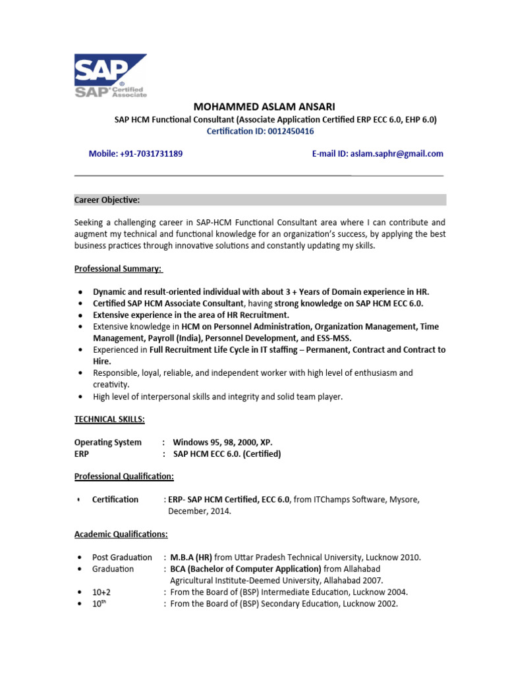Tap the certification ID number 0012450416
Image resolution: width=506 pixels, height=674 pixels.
tap(291, 132)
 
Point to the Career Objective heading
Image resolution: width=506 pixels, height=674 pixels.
tap(107, 199)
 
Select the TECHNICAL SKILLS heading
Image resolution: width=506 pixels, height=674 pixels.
tap(109, 419)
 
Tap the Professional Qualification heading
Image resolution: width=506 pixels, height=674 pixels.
tap(124, 476)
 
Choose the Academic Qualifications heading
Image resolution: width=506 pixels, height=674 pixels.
tap(121, 534)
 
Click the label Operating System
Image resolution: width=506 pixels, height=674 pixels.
tap(108, 442)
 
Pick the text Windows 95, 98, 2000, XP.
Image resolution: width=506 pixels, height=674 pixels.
tap(222, 442)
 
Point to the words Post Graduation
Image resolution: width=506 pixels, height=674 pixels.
tap(122, 557)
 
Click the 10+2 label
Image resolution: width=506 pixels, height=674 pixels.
tap(101, 592)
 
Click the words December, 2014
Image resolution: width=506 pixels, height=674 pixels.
tap(200, 511)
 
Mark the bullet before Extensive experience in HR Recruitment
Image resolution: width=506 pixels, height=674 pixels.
tap(80, 315)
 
